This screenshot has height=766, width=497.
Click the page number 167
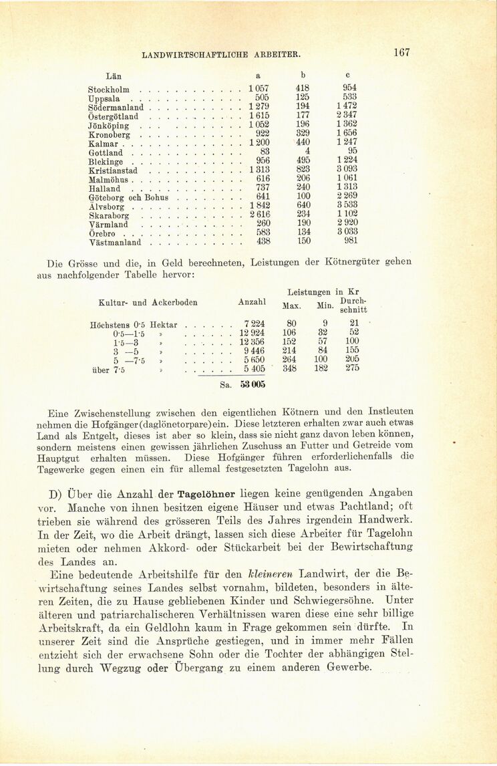pyautogui.click(x=401, y=52)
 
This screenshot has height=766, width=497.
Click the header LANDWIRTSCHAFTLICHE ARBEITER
pyautogui.click(x=220, y=53)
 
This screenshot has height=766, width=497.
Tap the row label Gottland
pyautogui.click(x=106, y=153)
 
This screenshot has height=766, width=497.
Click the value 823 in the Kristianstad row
pyautogui.click(x=303, y=170)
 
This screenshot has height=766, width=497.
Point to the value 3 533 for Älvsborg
pyautogui.click(x=347, y=205)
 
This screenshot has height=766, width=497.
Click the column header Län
pyautogui.click(x=113, y=76)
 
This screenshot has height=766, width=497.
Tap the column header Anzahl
pyautogui.click(x=251, y=302)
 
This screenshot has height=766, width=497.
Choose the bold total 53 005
pyautogui.click(x=253, y=385)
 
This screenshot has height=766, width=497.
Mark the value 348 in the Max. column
pyautogui.click(x=289, y=368)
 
